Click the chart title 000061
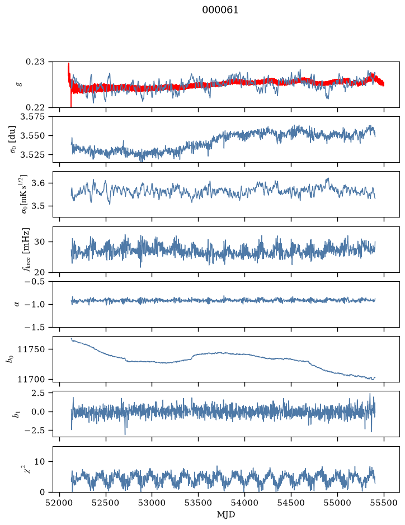220,10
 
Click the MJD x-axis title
226,514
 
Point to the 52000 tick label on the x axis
60,503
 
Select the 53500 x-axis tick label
199,503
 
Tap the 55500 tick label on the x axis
384,503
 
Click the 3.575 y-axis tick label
35,117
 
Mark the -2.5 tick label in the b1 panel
38,431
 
